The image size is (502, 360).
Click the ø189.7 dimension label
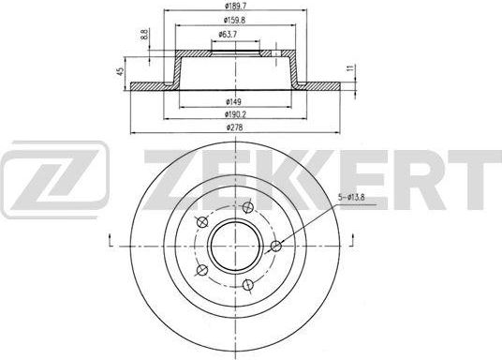[x=235, y=6]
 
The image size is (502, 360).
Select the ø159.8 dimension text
[x=234, y=20]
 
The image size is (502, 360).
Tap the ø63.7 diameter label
[x=228, y=35]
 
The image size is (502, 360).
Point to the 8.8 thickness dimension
[x=144, y=34]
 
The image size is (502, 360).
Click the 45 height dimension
[x=121, y=71]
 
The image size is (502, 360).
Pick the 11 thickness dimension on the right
[x=351, y=67]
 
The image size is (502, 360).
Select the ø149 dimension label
[x=234, y=102]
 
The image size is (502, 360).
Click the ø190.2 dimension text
[x=235, y=114]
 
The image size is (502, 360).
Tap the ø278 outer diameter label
[x=235, y=127]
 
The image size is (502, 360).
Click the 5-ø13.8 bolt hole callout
[x=351, y=198]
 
